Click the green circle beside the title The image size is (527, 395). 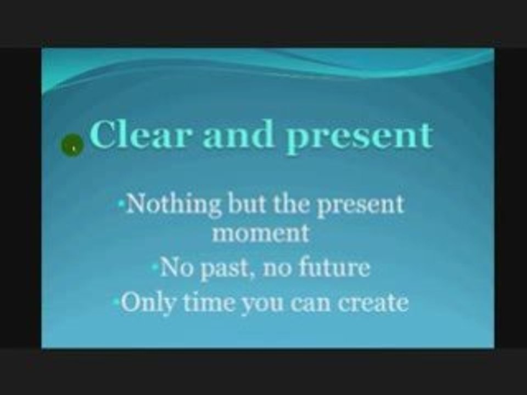click(x=72, y=146)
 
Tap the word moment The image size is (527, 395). click(x=261, y=233)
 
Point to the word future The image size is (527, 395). click(x=335, y=268)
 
